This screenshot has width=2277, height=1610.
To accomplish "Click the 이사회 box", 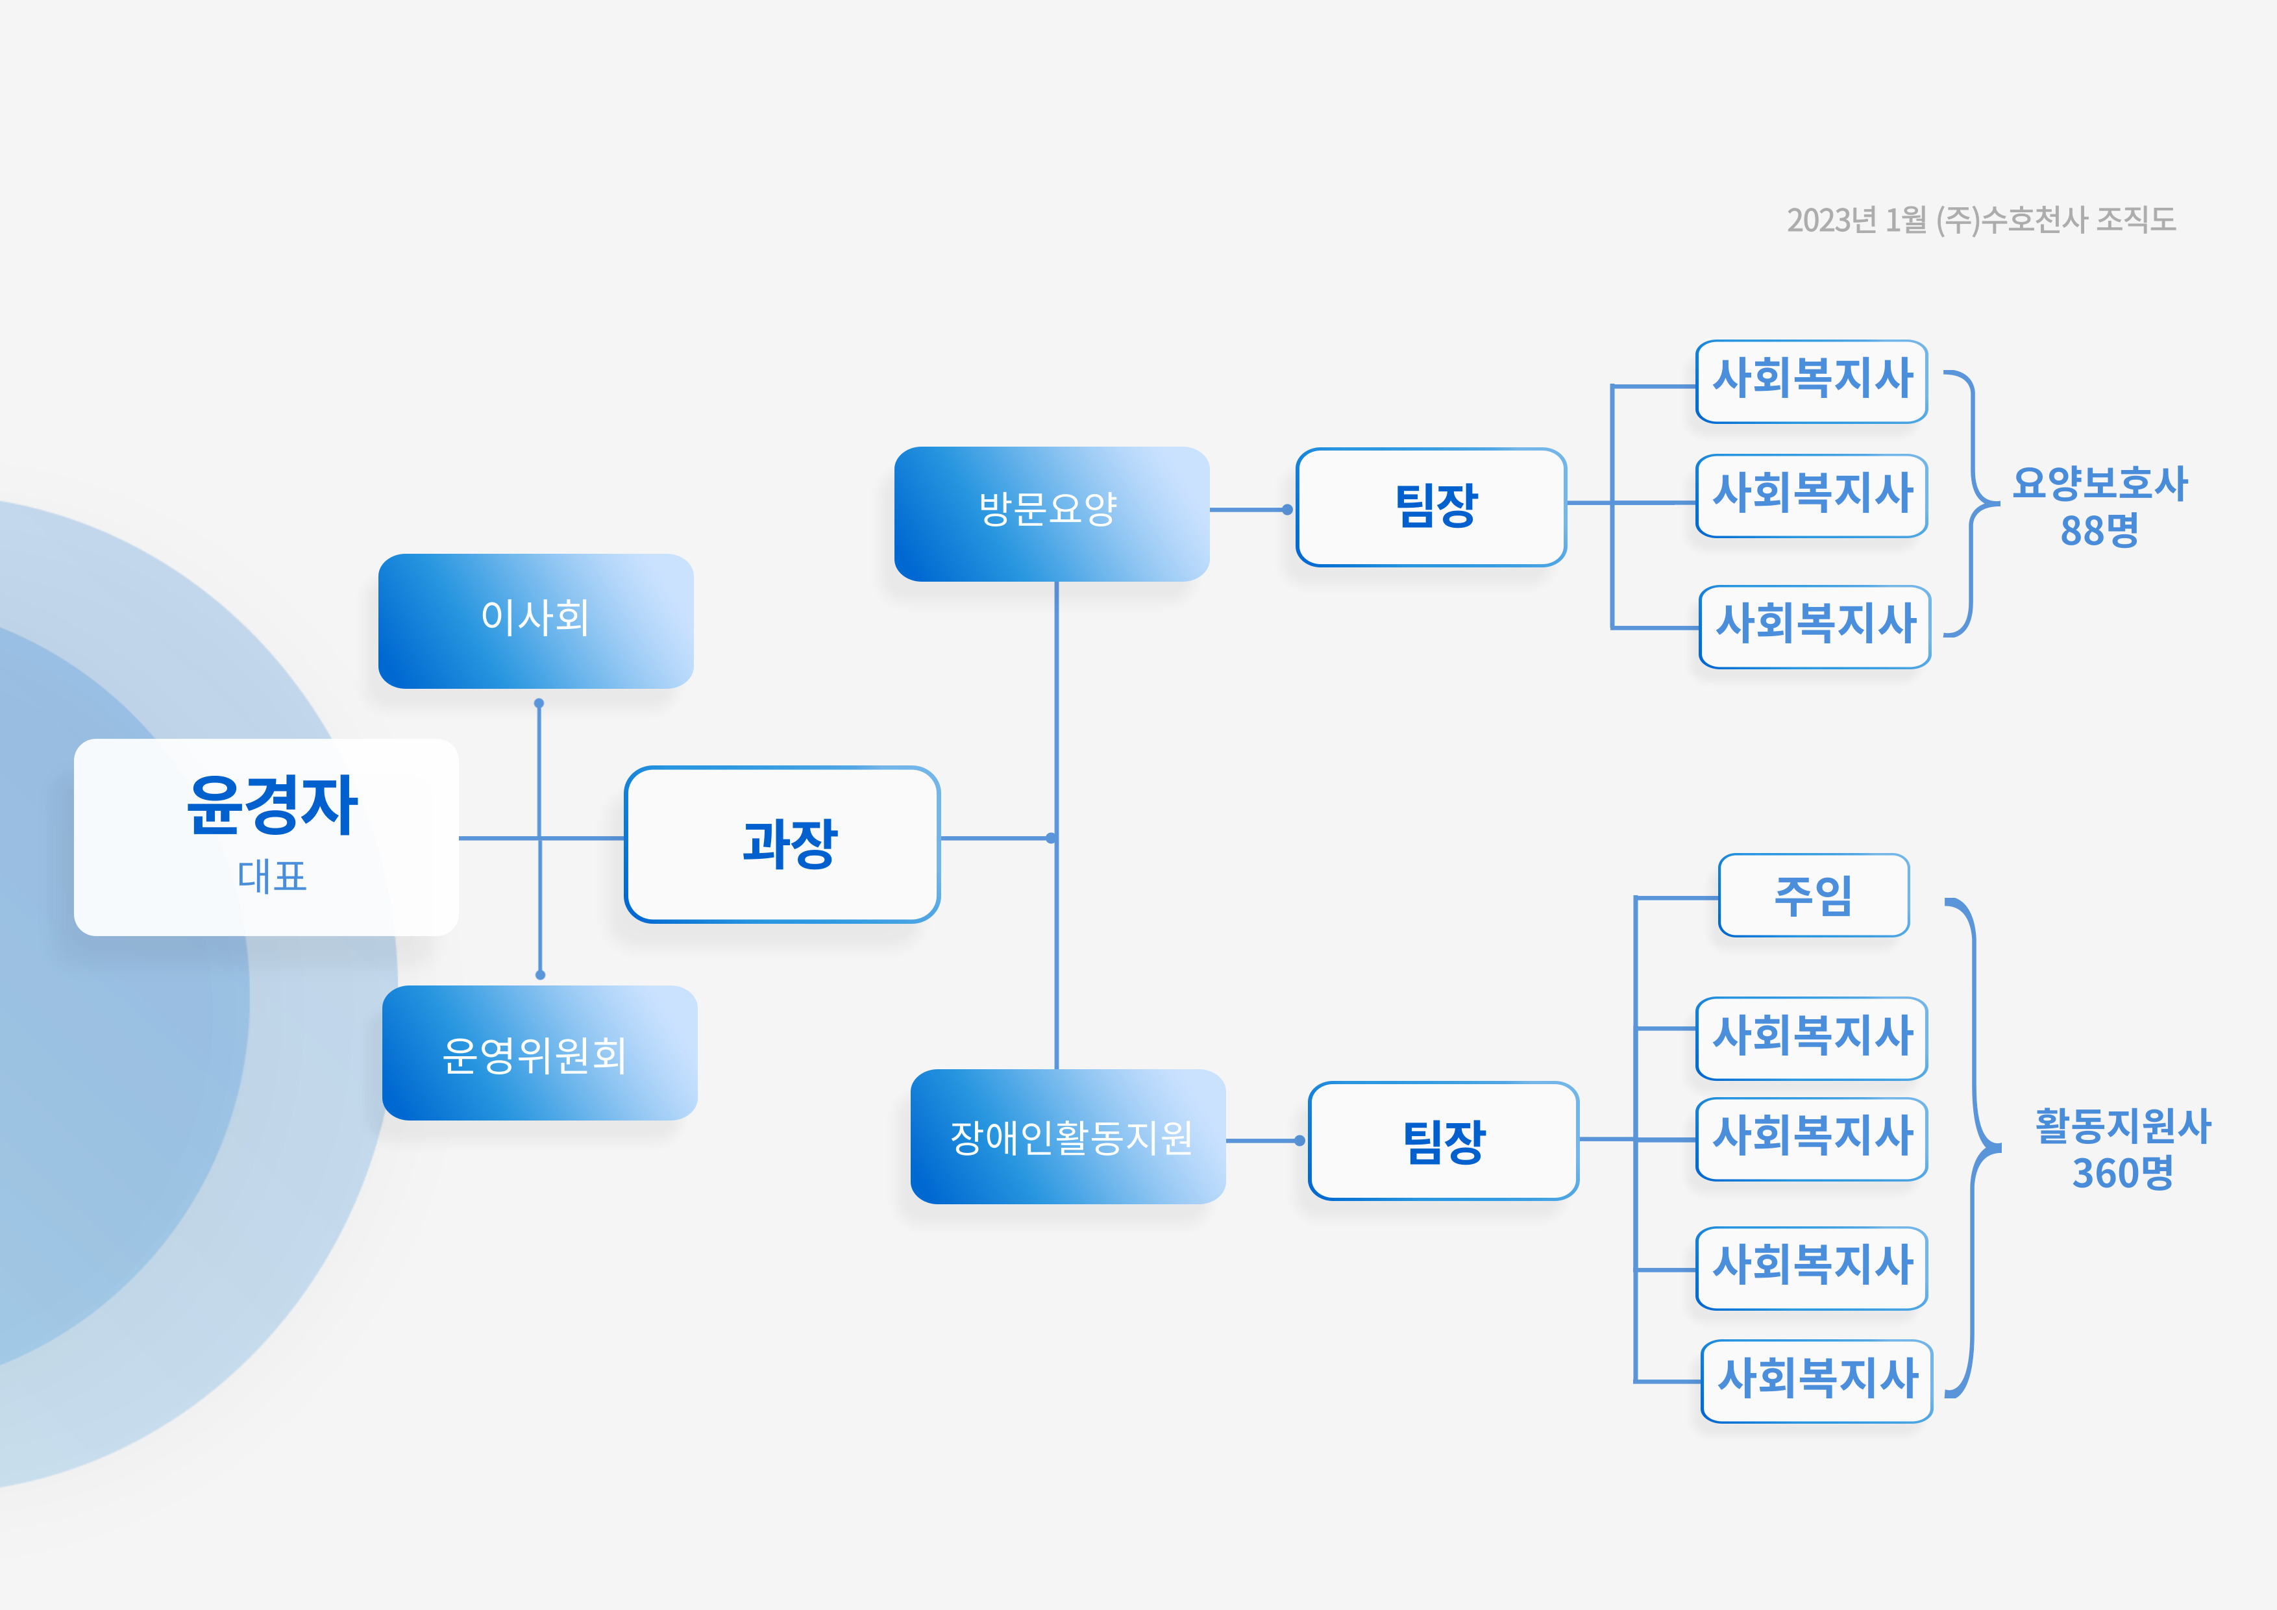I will tap(535, 620).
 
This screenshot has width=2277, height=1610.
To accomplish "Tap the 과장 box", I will tap(782, 844).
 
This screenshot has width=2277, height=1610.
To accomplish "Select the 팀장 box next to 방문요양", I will tap(1431, 507).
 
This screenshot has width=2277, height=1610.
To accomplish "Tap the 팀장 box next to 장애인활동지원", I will tap(1443, 1141).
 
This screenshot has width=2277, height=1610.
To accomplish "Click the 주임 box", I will tap(1813, 895).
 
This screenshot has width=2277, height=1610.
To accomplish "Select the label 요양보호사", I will tap(2100, 484).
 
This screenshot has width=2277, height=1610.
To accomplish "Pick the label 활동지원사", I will tap(2123, 1126).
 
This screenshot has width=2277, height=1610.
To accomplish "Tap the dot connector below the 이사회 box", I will tap(539, 703).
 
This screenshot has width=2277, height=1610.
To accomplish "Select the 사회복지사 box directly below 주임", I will tap(1811, 1037).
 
